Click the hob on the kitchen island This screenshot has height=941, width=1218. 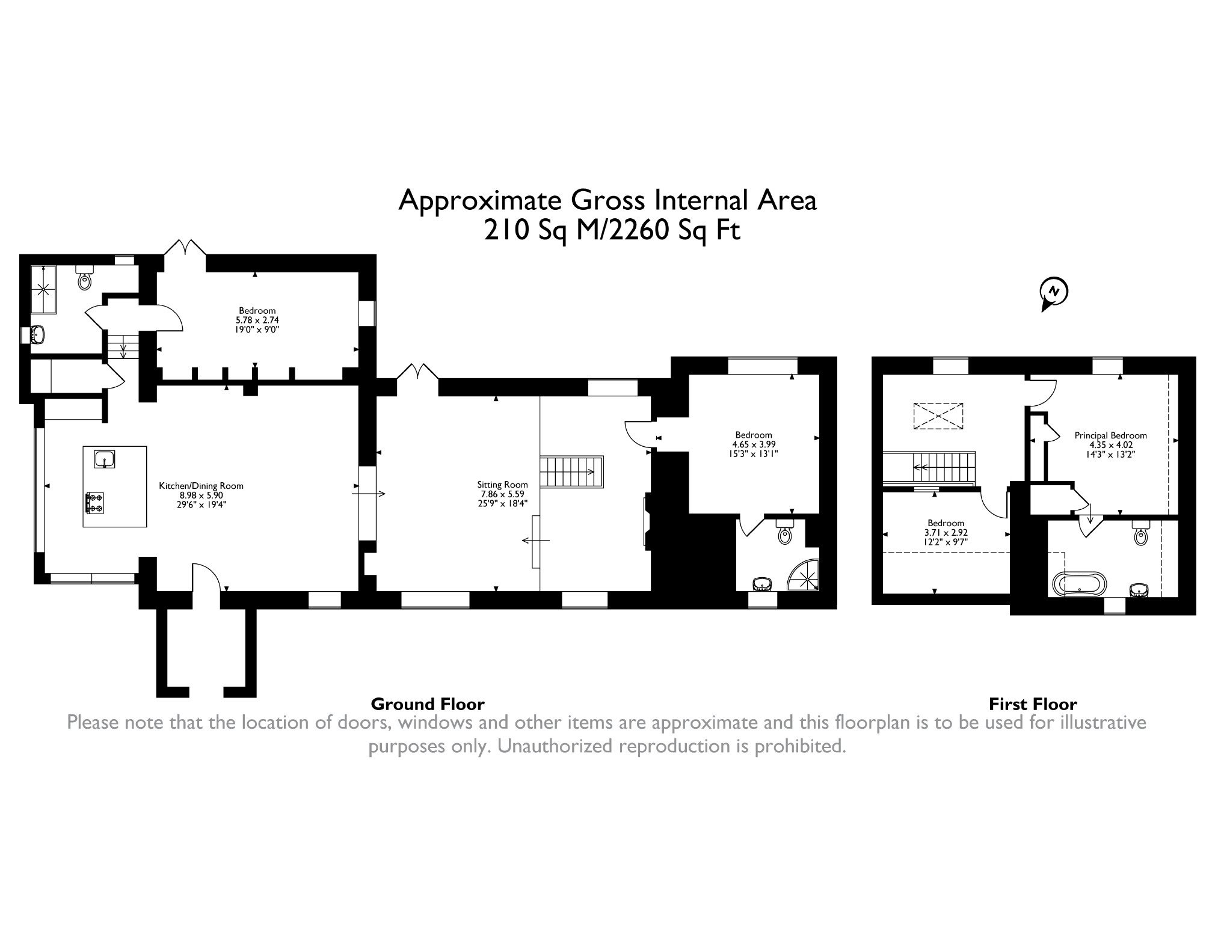point(96,503)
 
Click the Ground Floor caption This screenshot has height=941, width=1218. point(428,704)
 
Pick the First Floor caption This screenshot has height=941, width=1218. point(1033,704)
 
